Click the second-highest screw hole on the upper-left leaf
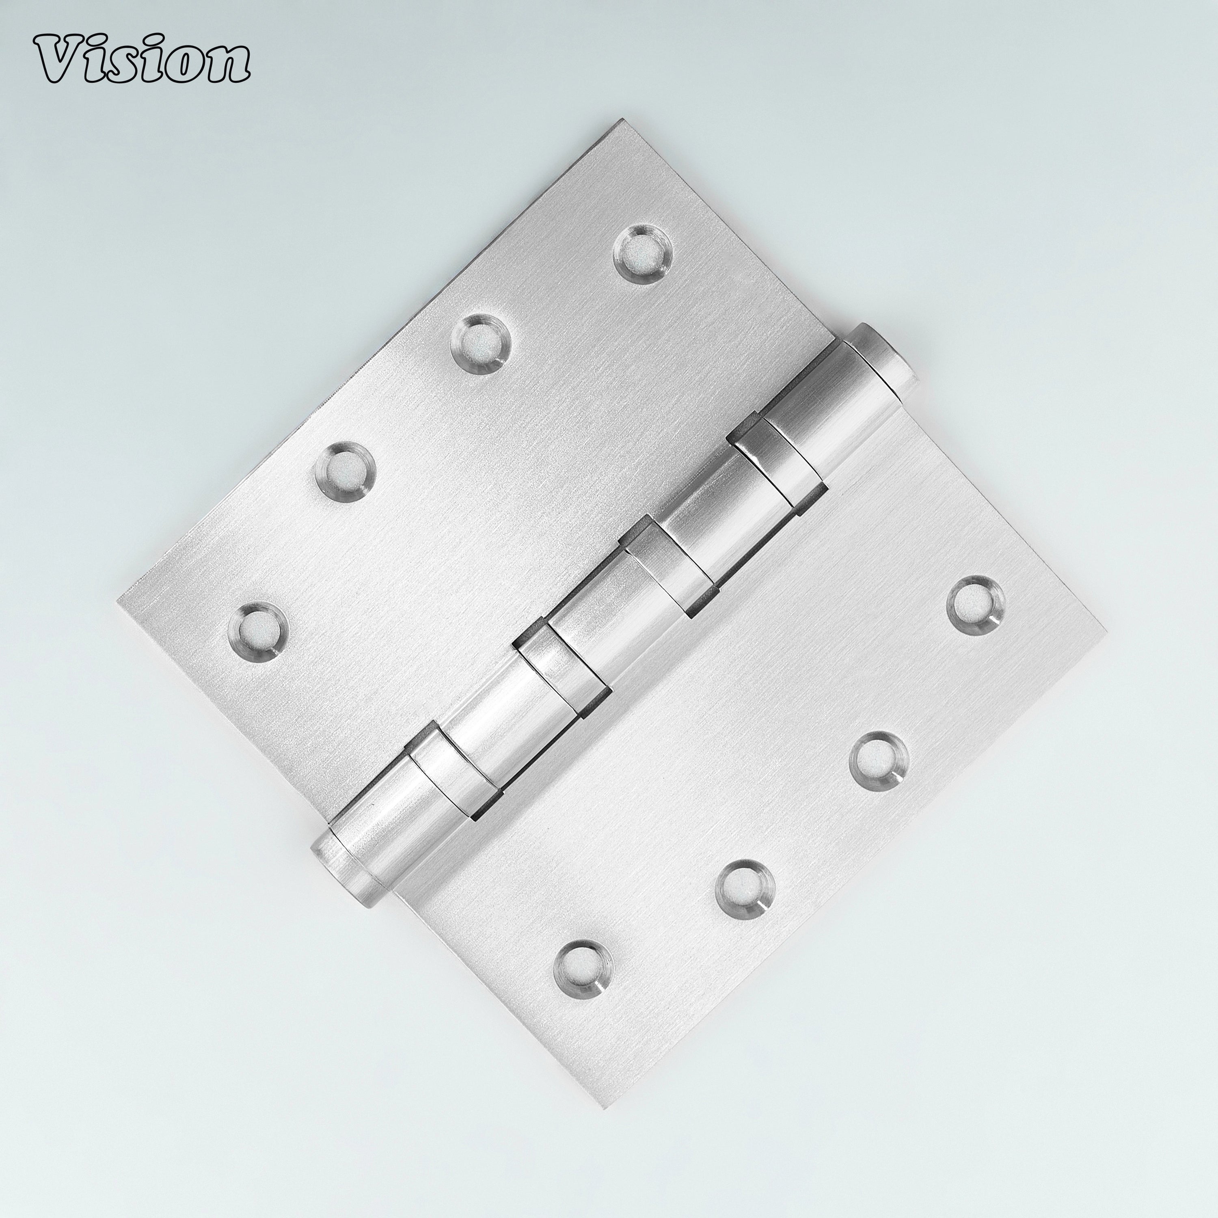pyautogui.click(x=480, y=344)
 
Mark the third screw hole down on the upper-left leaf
pyautogui.click(x=345, y=470)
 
